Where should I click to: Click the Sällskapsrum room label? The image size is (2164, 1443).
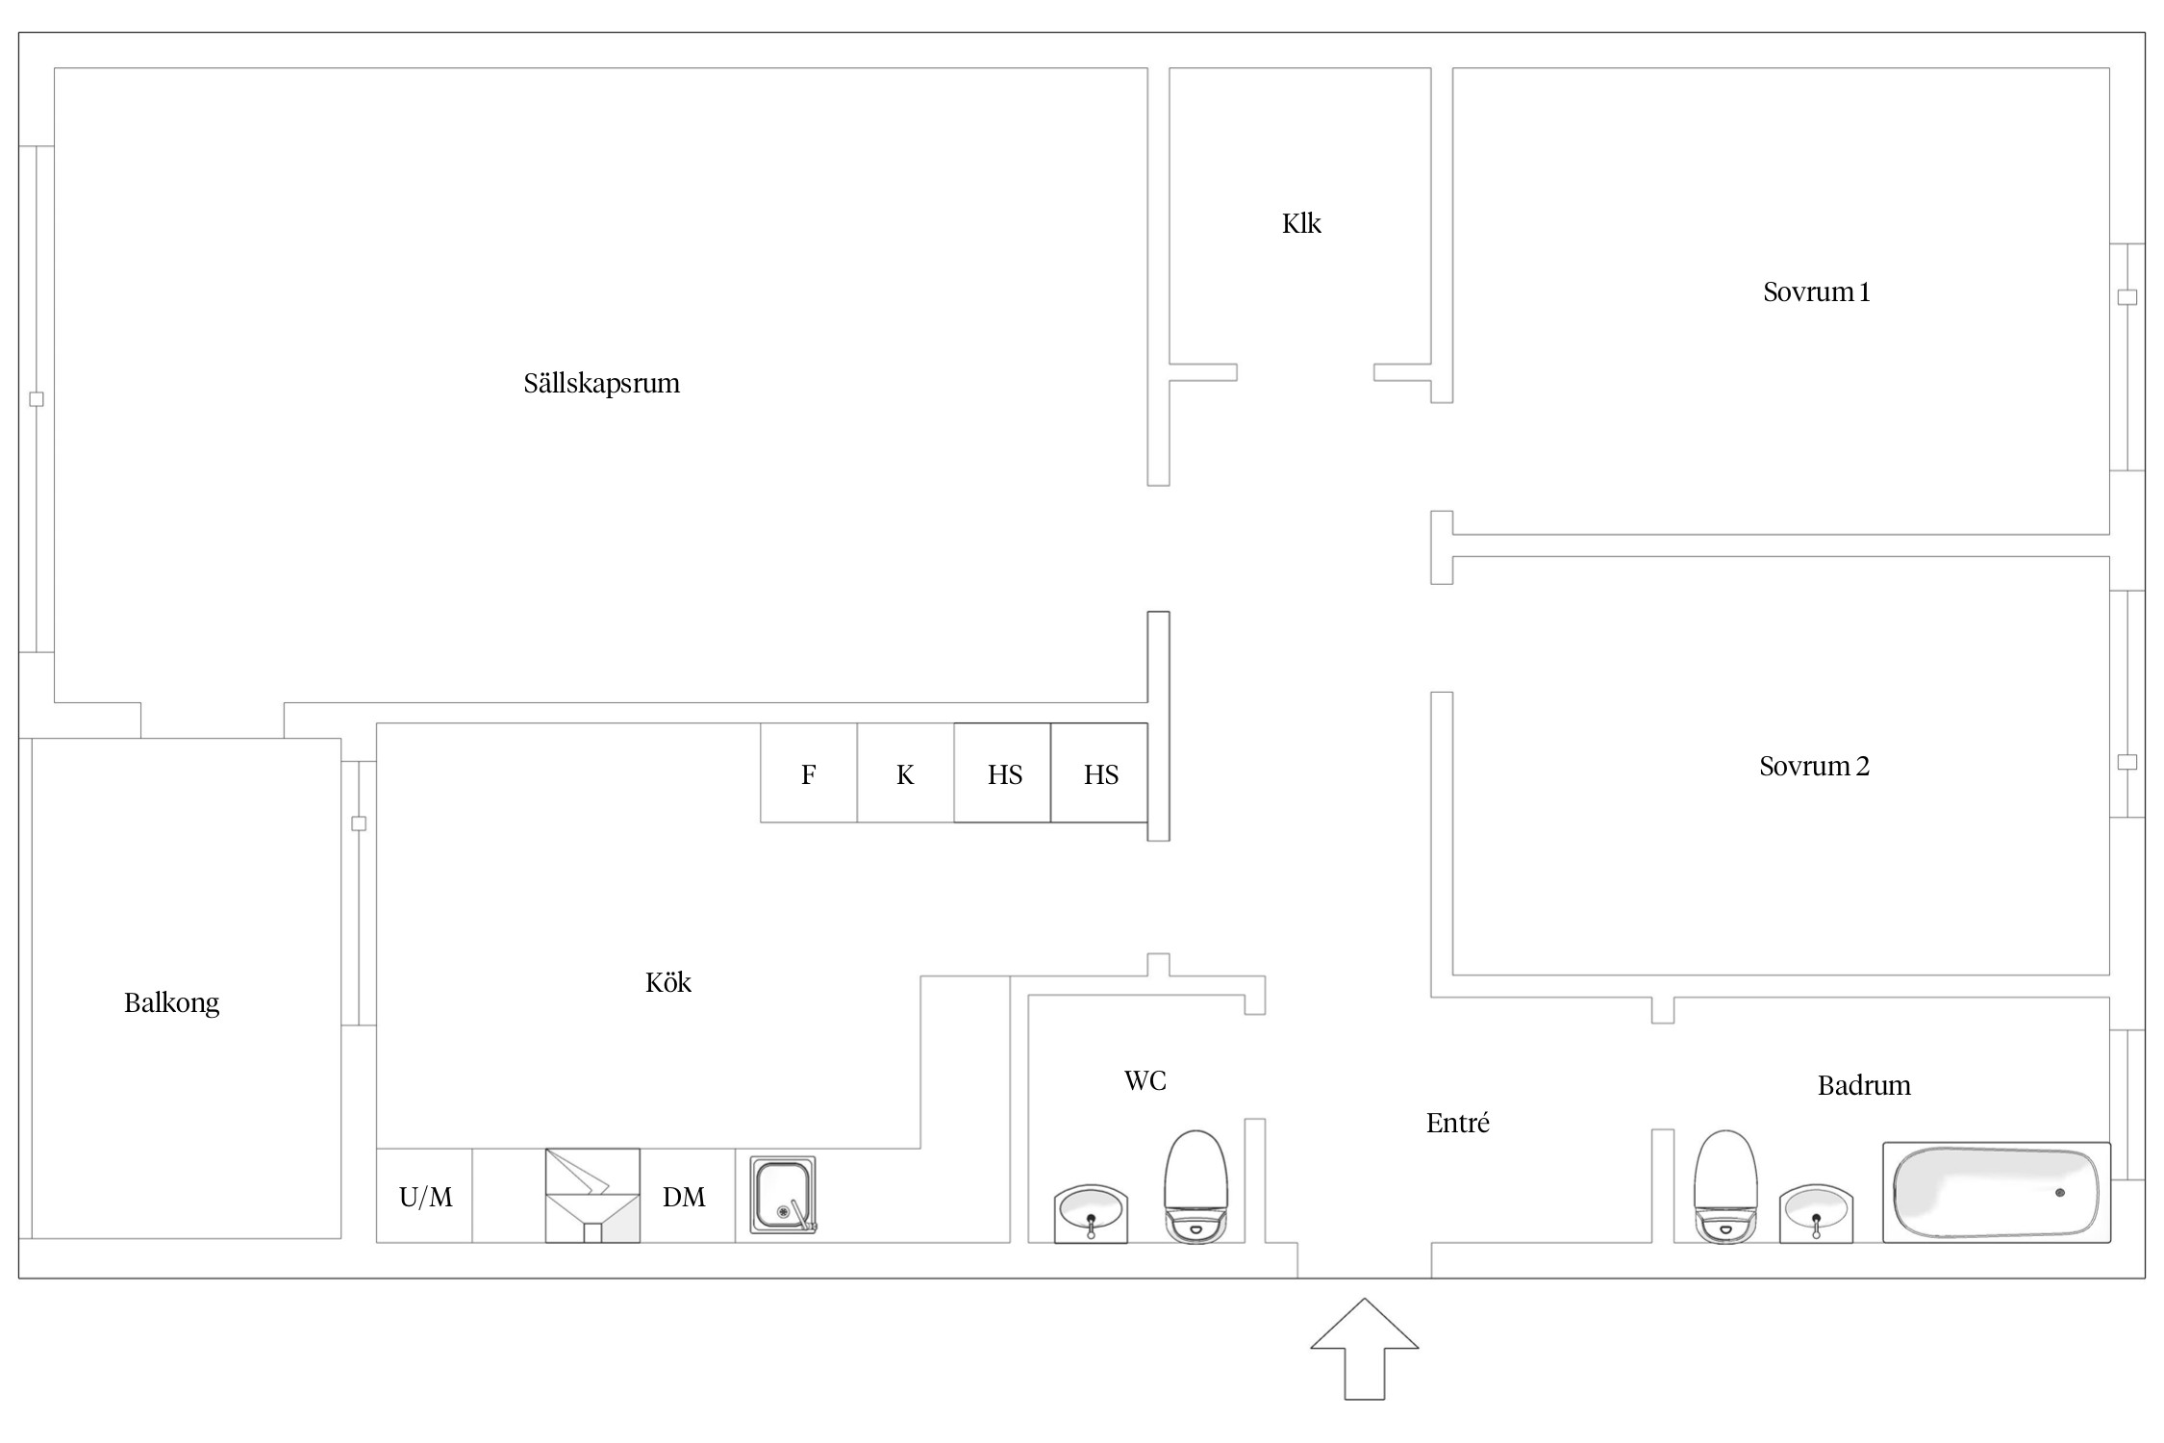[601, 384]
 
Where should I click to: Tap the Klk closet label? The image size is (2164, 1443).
[1301, 224]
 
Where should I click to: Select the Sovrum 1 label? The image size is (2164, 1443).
[1816, 292]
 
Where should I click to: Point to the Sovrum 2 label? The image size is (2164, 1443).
[1814, 767]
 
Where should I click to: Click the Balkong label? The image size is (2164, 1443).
[171, 1003]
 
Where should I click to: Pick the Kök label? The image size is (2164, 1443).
[667, 982]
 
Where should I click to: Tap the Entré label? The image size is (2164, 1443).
[1457, 1123]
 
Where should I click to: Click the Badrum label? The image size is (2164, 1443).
[1863, 1086]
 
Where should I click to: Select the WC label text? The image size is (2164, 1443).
[1145, 1081]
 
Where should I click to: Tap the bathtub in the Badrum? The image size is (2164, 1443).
[1996, 1193]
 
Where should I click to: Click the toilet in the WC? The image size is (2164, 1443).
[1195, 1187]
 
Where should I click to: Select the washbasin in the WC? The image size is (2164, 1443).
[1091, 1212]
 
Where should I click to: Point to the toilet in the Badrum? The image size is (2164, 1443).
[1724, 1187]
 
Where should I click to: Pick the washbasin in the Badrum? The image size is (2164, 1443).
[1816, 1212]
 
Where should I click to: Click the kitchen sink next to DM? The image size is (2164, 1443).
[783, 1195]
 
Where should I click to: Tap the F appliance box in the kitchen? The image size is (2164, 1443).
[808, 774]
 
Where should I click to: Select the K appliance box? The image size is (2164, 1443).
[904, 774]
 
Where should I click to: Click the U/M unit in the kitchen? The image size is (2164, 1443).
[425, 1197]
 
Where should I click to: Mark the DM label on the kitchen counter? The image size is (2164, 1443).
[684, 1197]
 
